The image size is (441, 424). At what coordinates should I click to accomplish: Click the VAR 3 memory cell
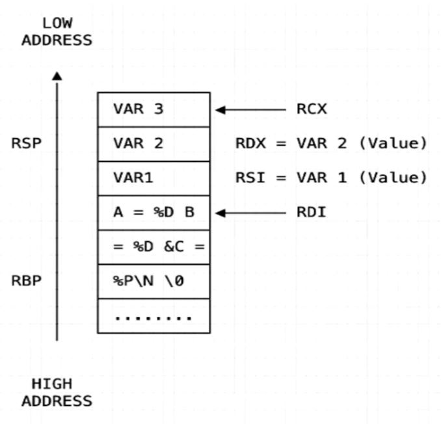point(154,109)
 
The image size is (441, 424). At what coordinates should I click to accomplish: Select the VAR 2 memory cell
point(154,144)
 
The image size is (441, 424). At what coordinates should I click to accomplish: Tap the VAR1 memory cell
point(154,178)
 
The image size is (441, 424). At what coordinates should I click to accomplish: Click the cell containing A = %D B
point(154,213)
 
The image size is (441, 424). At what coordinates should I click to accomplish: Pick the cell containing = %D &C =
point(154,247)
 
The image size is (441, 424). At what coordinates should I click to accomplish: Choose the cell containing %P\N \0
point(154,282)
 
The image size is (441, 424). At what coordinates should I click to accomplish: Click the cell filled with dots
point(154,317)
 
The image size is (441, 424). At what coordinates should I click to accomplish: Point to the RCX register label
point(312,109)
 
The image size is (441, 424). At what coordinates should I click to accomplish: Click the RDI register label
point(312,213)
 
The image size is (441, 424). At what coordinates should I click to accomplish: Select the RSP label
point(26,144)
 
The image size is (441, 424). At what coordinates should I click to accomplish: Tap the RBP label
point(26,282)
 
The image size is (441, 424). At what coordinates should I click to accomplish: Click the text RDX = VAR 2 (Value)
point(331,144)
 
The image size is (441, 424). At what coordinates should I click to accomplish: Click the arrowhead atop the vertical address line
point(57,76)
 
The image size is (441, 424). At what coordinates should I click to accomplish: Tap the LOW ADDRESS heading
point(57,32)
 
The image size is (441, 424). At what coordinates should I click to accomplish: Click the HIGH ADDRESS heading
point(57,392)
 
